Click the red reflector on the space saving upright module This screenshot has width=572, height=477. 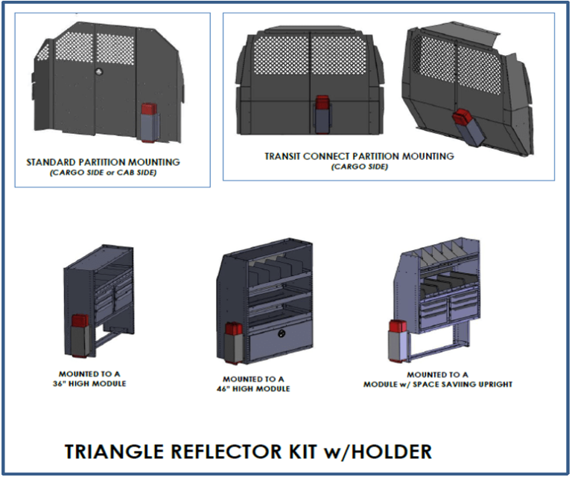coord(397,328)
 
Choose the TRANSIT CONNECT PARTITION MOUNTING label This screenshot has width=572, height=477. coord(359,156)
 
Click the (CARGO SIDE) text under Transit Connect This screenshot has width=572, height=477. coord(359,167)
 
